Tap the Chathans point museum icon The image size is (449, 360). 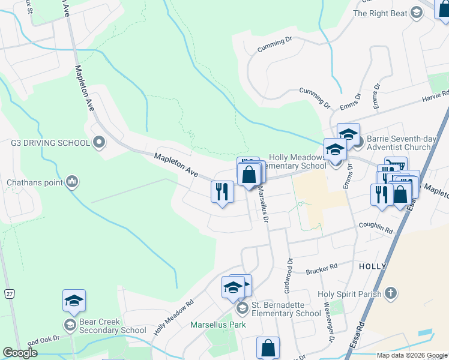coord(72,181)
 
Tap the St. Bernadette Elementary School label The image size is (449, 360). coord(286,310)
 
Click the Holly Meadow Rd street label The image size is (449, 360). coord(174,317)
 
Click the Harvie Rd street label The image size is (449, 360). coord(435,97)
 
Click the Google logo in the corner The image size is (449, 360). coord(20,353)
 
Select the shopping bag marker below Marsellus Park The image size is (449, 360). coord(268,347)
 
